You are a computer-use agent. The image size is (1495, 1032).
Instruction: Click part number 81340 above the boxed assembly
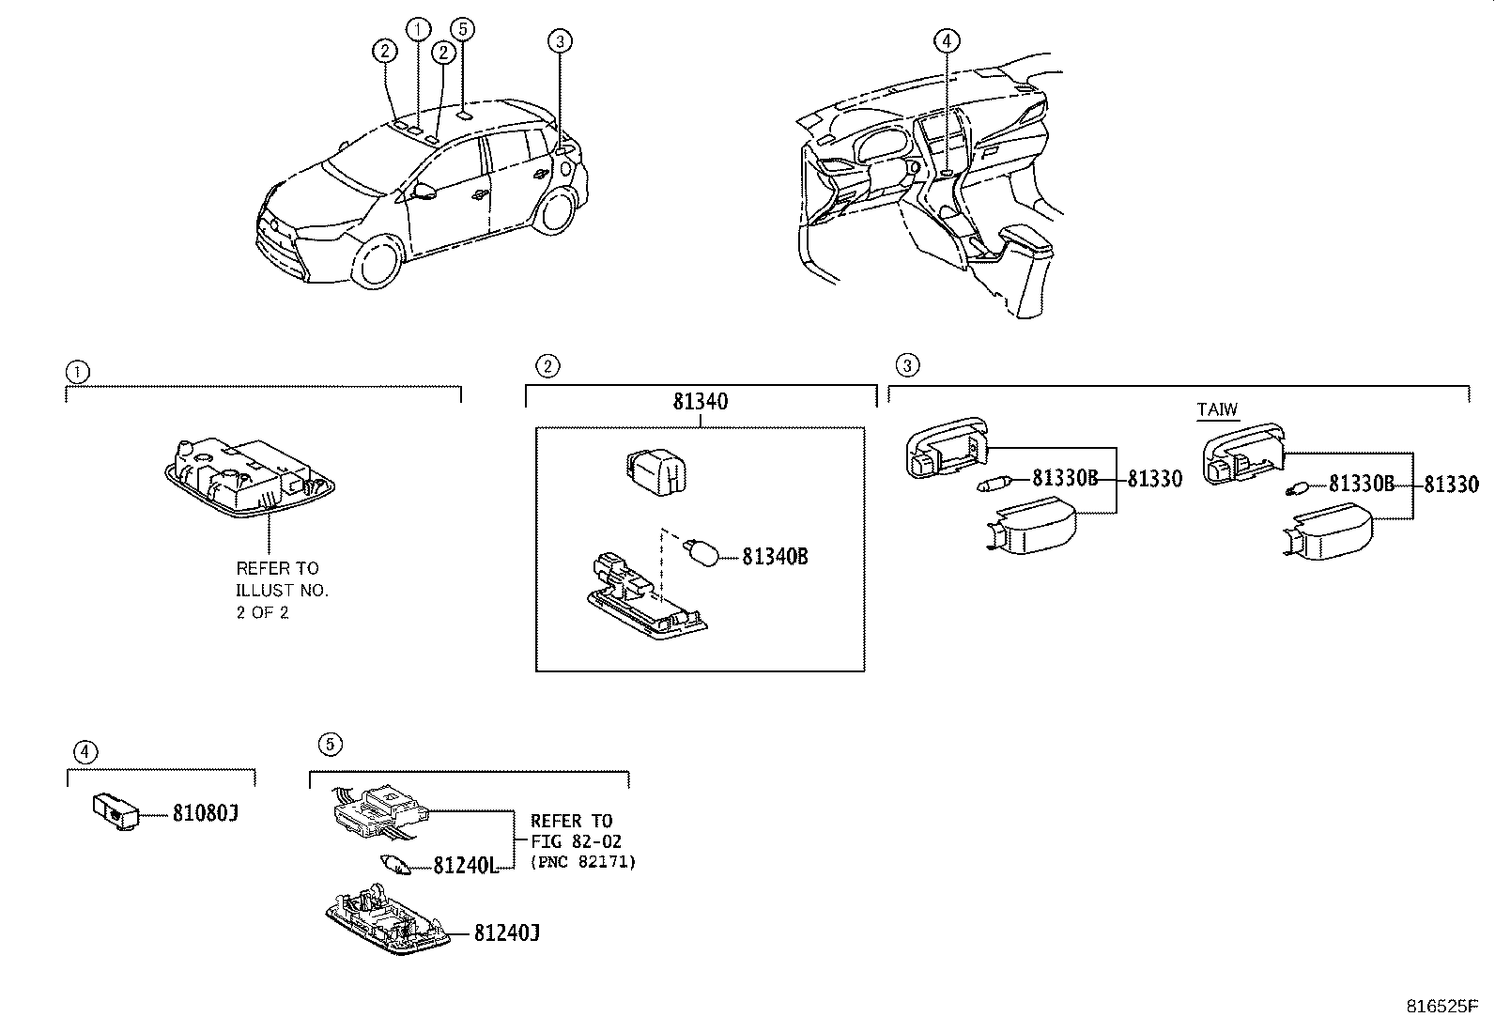700,402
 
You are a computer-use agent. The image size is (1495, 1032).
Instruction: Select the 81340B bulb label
775,556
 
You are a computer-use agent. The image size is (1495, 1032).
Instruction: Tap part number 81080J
205,813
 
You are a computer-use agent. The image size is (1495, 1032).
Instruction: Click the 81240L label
465,866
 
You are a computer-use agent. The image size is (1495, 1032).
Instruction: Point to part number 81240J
507,932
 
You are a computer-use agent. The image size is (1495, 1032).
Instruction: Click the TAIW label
1217,409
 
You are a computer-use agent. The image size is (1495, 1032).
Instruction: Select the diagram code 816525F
1448,1007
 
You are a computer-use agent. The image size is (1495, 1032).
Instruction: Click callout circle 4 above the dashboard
947,40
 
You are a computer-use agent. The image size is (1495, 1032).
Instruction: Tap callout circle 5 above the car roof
460,28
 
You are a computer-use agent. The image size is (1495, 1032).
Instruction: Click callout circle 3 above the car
560,40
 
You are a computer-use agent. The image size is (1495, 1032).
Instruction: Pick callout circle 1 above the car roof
418,28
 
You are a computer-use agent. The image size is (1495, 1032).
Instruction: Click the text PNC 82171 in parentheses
582,861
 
